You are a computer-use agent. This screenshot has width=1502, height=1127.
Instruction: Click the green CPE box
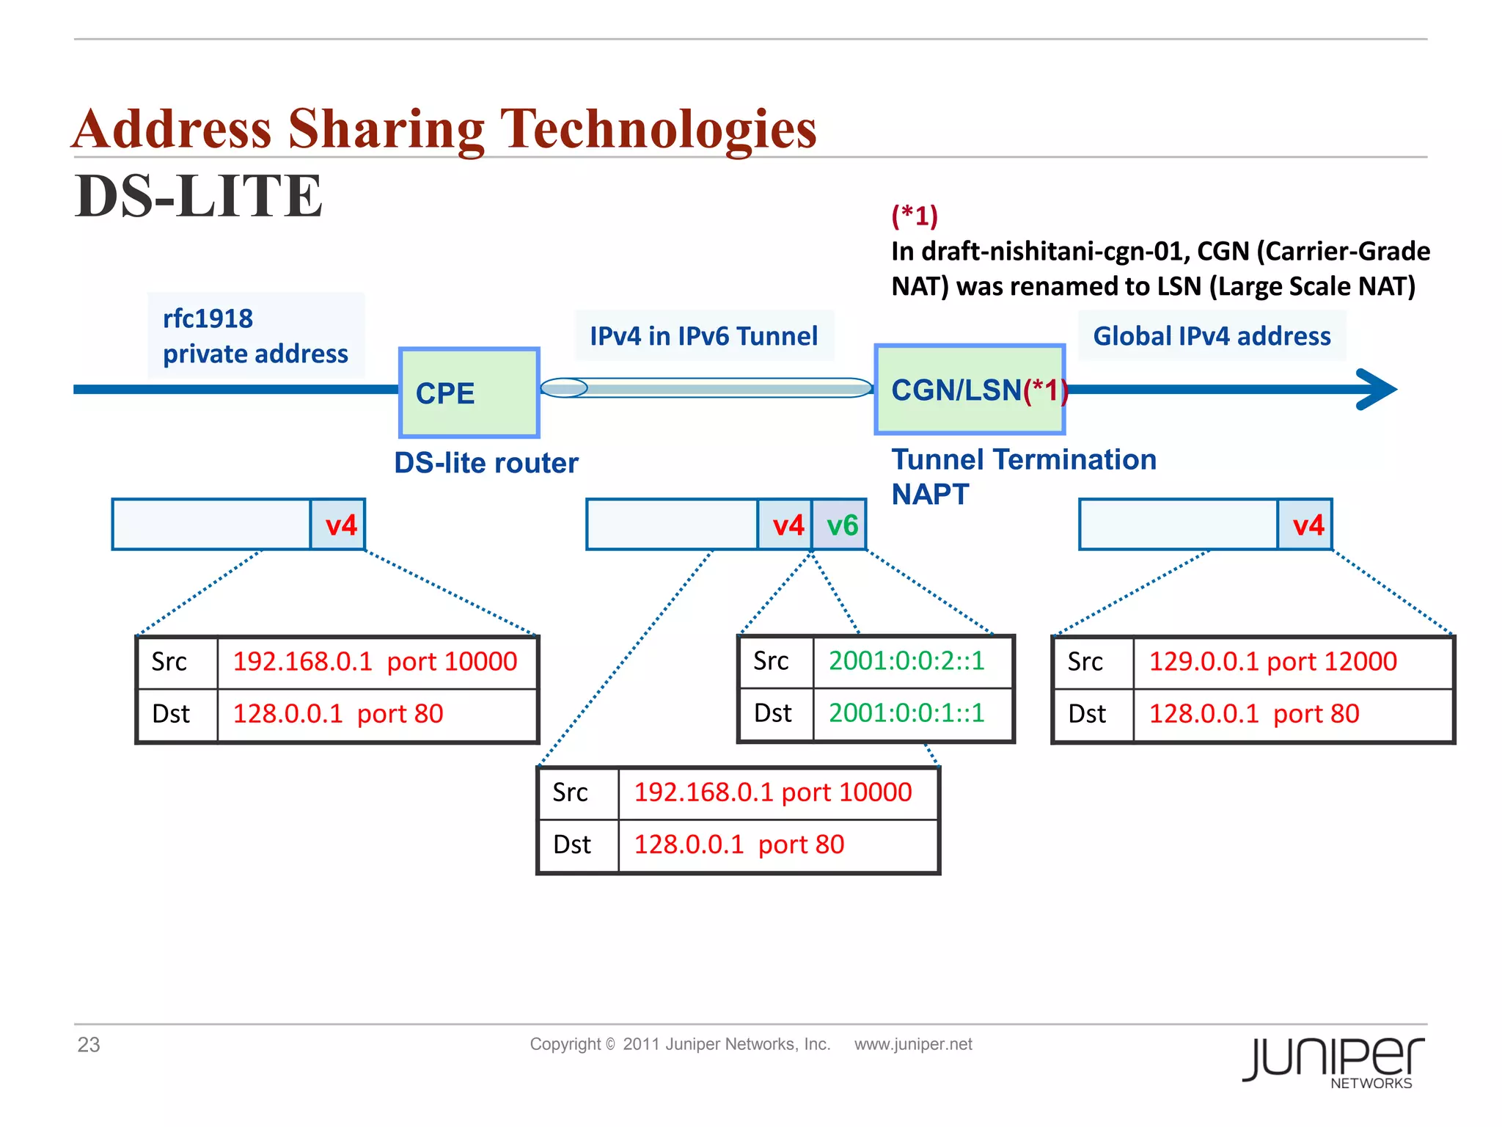(x=469, y=393)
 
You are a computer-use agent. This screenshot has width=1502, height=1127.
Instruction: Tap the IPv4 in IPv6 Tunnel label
(x=704, y=336)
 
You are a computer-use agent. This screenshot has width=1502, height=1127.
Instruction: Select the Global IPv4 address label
(x=1212, y=336)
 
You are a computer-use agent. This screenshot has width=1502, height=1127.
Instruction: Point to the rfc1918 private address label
(x=255, y=336)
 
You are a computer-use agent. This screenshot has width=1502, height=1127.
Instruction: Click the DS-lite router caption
(x=486, y=463)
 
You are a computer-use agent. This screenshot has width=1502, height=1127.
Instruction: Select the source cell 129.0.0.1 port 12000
(x=1272, y=662)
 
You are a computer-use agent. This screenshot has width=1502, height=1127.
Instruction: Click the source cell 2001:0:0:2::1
(x=906, y=661)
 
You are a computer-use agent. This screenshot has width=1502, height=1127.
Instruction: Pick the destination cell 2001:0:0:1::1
(x=906, y=713)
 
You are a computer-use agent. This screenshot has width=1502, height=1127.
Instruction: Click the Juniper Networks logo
(x=1333, y=1061)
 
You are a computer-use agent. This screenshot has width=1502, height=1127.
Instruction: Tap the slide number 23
(x=89, y=1045)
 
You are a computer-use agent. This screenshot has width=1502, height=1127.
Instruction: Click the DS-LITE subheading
(x=199, y=197)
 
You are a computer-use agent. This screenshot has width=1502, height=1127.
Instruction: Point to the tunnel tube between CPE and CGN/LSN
(x=706, y=388)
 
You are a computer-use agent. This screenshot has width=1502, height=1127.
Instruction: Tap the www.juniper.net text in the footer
(x=913, y=1044)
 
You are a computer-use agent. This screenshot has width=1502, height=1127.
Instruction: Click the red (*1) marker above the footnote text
(x=915, y=216)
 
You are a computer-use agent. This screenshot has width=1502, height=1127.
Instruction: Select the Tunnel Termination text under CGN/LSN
(x=1024, y=460)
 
